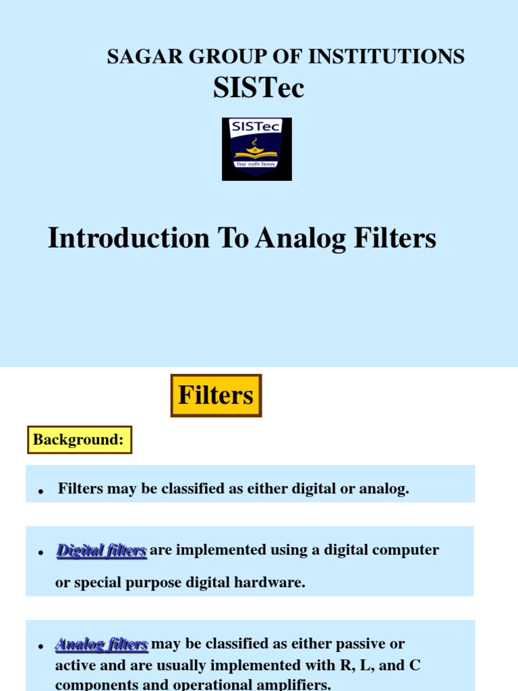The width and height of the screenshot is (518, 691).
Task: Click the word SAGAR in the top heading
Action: point(144,57)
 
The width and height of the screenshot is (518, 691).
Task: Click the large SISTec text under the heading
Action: point(258,87)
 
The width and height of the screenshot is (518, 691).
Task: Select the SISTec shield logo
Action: point(257,149)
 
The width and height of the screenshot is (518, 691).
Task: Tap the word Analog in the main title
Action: point(300,239)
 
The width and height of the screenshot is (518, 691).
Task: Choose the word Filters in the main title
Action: point(395,238)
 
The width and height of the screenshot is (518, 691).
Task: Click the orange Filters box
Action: point(216,395)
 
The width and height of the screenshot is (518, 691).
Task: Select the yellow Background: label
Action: point(80,439)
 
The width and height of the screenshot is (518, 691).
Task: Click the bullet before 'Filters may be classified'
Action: point(41,491)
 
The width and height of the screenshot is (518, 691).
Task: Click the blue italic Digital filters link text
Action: point(101,551)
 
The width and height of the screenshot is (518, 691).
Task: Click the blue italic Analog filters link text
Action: point(101,644)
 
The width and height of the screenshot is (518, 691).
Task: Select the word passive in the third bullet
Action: point(357,644)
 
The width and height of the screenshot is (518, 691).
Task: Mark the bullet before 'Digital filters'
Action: point(41,553)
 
